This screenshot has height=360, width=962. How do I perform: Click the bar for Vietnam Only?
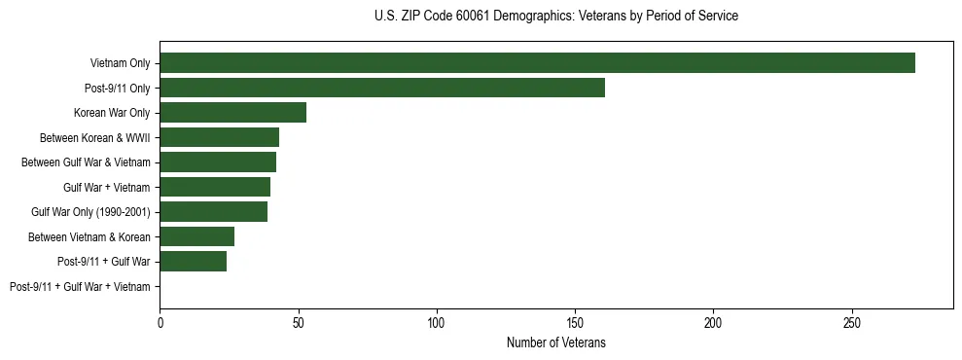[537, 63]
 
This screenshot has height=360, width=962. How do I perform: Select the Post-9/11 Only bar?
[382, 88]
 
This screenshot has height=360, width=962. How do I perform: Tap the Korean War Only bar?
[233, 113]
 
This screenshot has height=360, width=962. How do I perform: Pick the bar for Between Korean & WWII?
[220, 137]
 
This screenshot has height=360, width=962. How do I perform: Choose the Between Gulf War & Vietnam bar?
[218, 162]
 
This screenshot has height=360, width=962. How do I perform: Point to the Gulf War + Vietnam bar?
[215, 187]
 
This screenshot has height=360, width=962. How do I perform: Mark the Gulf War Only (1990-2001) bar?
[214, 212]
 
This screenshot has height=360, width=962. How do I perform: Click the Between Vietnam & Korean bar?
[197, 236]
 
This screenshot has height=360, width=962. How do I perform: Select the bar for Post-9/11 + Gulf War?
[194, 262]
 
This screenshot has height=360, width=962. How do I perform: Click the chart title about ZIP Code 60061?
[555, 17]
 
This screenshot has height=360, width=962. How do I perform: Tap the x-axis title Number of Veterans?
[555, 342]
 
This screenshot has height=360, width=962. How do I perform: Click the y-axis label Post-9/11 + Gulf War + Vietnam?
[80, 287]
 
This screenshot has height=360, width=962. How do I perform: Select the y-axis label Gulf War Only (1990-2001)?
[90, 212]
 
